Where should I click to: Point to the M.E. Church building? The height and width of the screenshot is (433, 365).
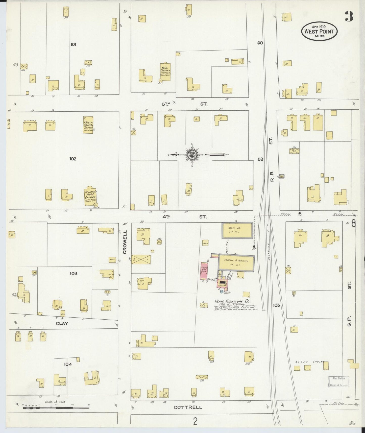165,72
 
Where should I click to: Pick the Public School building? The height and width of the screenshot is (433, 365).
88,125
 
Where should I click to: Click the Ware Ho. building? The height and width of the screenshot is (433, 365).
237,230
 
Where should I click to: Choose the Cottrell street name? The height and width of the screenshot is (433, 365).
188,407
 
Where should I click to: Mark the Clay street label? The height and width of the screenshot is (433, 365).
62,323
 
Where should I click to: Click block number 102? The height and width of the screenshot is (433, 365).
73,159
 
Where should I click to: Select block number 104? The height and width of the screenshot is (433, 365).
68,364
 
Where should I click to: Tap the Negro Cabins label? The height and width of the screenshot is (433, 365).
310,362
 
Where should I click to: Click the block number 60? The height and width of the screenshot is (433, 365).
260,43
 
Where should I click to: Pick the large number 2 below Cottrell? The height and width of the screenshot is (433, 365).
195,421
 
